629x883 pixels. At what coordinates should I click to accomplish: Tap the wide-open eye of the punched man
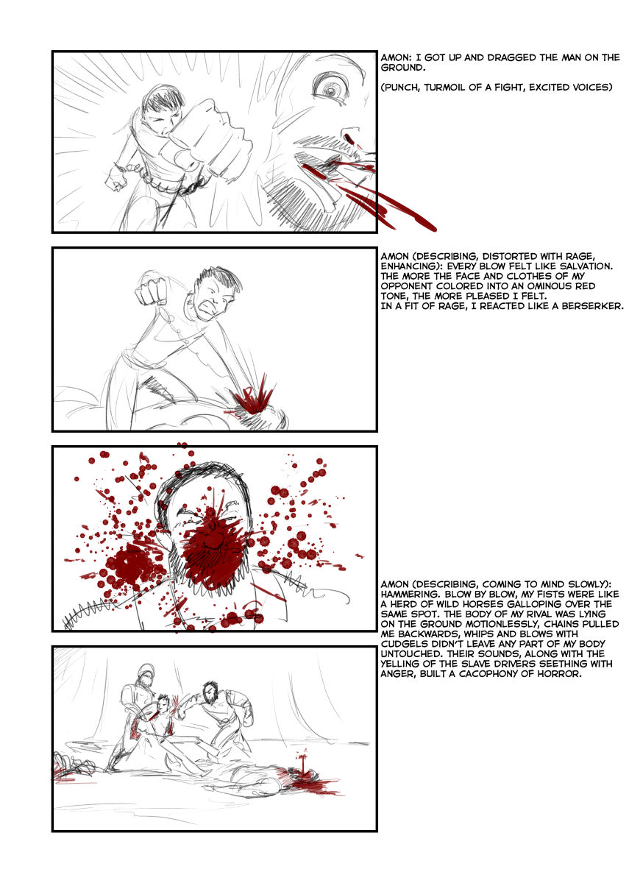pos(330,88)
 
